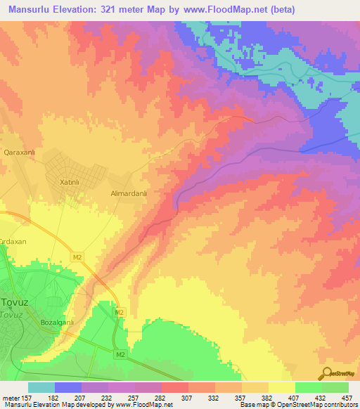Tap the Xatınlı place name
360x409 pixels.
67,181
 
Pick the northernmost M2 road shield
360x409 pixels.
77,257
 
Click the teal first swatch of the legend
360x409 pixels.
41,387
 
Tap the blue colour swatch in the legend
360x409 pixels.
68,387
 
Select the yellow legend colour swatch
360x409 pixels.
281,387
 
